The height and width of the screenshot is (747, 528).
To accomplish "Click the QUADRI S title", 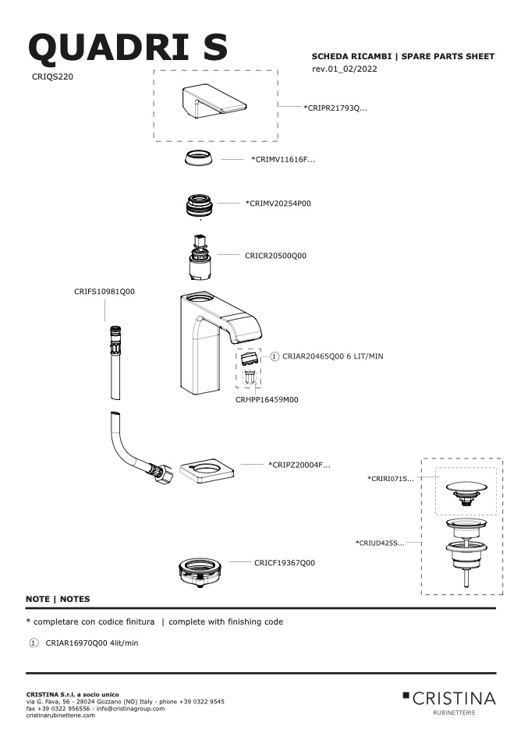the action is pos(128,48).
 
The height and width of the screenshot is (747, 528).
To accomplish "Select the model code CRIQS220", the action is pos(52,76).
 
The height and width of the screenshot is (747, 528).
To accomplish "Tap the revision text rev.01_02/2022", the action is pos(345,69).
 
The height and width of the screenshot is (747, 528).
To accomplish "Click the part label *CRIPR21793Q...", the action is pos(335,108).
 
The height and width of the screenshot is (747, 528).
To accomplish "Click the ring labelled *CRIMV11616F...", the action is pos(199,158).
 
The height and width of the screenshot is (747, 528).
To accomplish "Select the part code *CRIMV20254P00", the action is pos(278,204).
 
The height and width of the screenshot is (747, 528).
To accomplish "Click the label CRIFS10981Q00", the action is pos(105,292).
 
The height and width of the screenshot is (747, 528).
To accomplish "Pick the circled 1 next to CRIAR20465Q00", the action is pos(275,356).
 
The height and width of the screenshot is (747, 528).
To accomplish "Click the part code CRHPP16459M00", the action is pos(267,400).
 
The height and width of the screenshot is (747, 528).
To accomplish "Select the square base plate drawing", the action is pos(207,472).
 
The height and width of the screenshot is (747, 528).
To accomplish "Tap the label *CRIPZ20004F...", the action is pos(299,465).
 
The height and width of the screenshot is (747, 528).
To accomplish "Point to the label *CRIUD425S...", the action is pos(380,543).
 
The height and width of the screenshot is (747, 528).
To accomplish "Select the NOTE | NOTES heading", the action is pos(58,599).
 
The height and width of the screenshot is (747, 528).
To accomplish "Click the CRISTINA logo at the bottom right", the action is pos(449,703).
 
